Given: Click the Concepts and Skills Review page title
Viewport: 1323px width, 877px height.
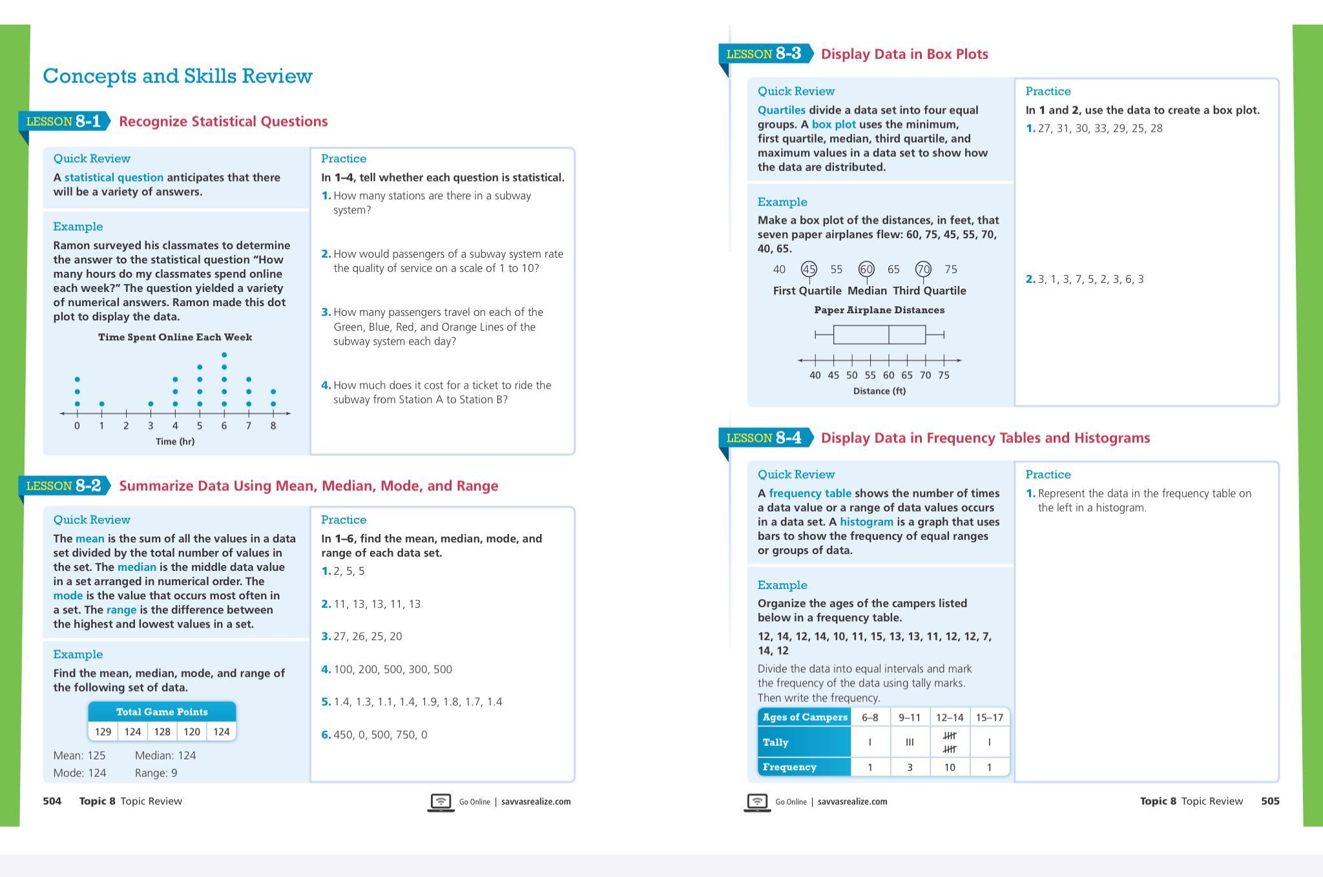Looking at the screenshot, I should [x=178, y=76].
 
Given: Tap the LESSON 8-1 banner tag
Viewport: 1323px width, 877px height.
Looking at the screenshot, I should [x=63, y=121].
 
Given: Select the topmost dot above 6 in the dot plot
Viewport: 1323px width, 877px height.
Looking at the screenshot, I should [x=224, y=355].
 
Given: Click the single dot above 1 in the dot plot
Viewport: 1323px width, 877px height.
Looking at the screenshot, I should [x=101, y=404].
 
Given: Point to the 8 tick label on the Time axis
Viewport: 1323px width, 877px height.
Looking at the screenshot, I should [x=273, y=426].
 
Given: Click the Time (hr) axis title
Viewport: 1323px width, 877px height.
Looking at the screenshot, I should [x=175, y=442].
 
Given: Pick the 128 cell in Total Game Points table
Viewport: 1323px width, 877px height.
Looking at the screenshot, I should [x=162, y=732].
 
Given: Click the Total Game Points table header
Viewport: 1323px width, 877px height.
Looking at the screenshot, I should [x=162, y=712].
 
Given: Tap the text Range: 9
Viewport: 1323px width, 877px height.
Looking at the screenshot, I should [x=156, y=773].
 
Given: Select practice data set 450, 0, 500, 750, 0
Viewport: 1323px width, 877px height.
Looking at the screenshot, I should [x=380, y=735].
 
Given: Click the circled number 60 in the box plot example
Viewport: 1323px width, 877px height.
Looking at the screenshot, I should [x=866, y=269].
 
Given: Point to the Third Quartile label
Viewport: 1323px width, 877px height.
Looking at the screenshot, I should [x=930, y=291].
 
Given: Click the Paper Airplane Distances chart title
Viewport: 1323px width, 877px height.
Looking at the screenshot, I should [x=879, y=310].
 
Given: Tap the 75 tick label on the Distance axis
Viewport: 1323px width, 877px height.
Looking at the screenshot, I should [x=944, y=375].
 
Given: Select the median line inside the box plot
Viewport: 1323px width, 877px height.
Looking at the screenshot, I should [x=889, y=335].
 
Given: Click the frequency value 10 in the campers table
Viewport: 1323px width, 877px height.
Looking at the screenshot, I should [x=950, y=767].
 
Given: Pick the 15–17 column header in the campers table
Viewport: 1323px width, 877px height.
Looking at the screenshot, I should [x=989, y=717].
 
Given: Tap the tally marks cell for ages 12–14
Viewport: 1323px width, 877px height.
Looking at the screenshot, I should [x=950, y=743].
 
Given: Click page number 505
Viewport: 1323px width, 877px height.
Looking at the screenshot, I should [x=1270, y=801].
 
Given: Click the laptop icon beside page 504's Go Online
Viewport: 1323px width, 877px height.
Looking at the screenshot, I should [x=441, y=802].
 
